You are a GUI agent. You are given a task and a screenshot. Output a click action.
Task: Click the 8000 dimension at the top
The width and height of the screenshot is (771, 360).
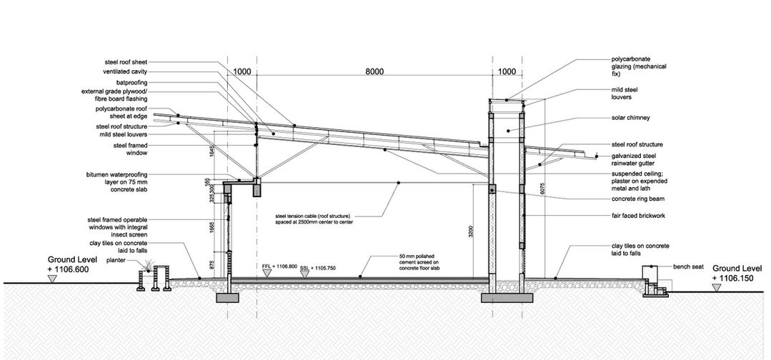click(x=374, y=71)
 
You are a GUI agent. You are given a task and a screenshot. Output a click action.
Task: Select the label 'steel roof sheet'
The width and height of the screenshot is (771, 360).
click(x=126, y=62)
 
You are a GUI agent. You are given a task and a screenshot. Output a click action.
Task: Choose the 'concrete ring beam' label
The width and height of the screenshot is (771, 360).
click(x=637, y=199)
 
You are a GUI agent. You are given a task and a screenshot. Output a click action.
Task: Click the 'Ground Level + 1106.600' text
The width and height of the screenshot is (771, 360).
click(x=69, y=264)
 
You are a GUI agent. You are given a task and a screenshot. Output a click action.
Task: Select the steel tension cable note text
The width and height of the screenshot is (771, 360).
click(x=314, y=219)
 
